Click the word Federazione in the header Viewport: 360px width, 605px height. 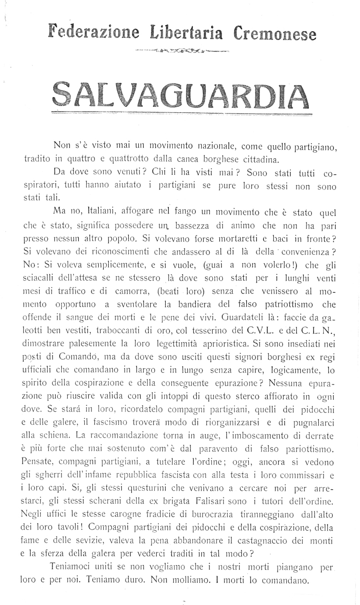pos(93,31)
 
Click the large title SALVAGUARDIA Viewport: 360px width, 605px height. pos(181,95)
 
